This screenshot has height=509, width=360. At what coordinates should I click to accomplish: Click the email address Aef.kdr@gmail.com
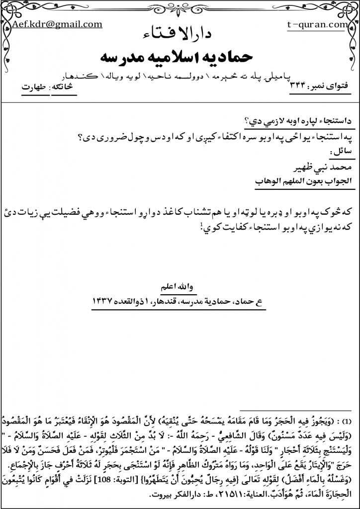(x=57, y=24)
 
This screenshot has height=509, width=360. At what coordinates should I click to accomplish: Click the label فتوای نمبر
(x=324, y=88)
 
